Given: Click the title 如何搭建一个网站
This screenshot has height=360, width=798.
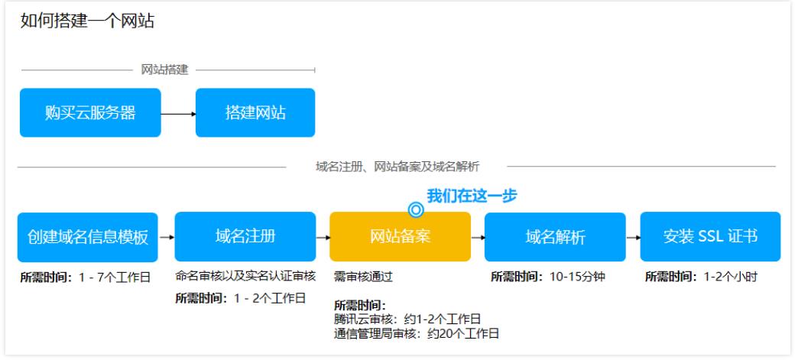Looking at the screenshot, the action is [x=87, y=21].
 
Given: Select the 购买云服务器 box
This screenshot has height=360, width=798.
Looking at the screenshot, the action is [x=90, y=112].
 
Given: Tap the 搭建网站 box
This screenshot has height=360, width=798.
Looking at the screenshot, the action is [x=255, y=112].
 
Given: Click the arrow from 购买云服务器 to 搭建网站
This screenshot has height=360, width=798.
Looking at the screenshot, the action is [x=178, y=114].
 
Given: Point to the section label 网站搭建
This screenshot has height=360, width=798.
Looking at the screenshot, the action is [x=164, y=70].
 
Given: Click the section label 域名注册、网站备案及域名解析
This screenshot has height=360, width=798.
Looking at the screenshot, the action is [x=397, y=167].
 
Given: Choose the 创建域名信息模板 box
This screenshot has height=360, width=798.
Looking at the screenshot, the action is [x=88, y=237].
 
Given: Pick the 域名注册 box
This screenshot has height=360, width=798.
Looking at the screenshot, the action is [x=245, y=236].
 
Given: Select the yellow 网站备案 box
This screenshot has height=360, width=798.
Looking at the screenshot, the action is [x=400, y=236].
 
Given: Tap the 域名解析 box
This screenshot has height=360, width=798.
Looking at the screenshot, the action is [x=555, y=237].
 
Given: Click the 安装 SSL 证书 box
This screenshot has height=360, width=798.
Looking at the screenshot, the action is [x=710, y=237].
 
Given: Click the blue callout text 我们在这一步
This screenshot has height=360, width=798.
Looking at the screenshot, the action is [x=472, y=196].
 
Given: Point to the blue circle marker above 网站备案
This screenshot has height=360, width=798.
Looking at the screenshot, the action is [x=416, y=209].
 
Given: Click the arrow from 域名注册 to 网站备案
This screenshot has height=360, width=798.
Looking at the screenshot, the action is [x=323, y=237].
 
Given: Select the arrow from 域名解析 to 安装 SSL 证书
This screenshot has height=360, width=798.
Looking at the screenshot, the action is [x=633, y=237].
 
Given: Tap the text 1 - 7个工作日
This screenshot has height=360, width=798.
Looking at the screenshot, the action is [x=115, y=277].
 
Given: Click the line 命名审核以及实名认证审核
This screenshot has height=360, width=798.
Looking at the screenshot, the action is [x=245, y=276].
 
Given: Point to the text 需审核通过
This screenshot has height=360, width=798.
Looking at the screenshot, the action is [x=363, y=277].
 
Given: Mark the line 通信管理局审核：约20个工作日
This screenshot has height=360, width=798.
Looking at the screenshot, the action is [x=417, y=334].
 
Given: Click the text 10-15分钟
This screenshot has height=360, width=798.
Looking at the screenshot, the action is [x=577, y=277].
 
